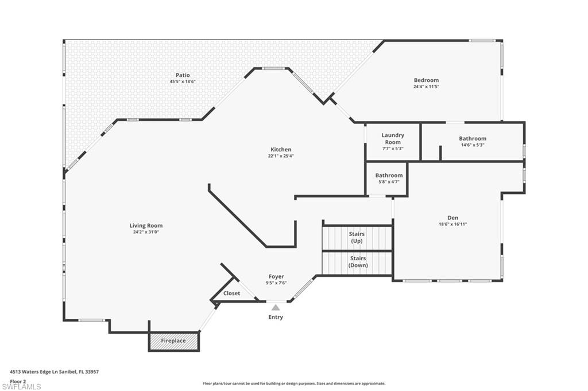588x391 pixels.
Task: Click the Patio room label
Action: [x=183, y=75]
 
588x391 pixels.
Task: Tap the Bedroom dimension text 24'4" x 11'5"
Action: [x=426, y=87]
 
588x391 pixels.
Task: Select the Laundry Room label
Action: [x=393, y=138]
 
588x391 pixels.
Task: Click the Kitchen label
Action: [x=281, y=150]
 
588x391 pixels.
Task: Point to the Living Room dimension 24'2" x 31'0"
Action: [x=146, y=232]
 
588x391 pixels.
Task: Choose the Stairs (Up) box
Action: [x=357, y=237]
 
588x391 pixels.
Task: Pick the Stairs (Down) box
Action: [x=357, y=262]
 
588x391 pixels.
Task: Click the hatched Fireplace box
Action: [x=173, y=341]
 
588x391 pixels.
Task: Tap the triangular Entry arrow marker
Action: [x=276, y=307]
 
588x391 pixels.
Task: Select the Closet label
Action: [x=231, y=293]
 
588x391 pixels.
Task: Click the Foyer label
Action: [x=276, y=276]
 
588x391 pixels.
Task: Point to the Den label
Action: [x=452, y=217]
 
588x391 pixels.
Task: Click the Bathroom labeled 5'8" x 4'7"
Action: [x=389, y=178]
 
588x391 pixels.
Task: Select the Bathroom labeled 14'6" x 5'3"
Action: [x=472, y=141]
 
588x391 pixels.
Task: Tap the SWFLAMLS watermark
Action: [x=22, y=386]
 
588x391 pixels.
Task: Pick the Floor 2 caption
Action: [x=18, y=381]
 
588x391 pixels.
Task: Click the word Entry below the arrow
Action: [x=276, y=317]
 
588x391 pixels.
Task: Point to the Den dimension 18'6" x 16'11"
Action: [x=452, y=224]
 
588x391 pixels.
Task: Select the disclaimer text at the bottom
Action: [x=293, y=384]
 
